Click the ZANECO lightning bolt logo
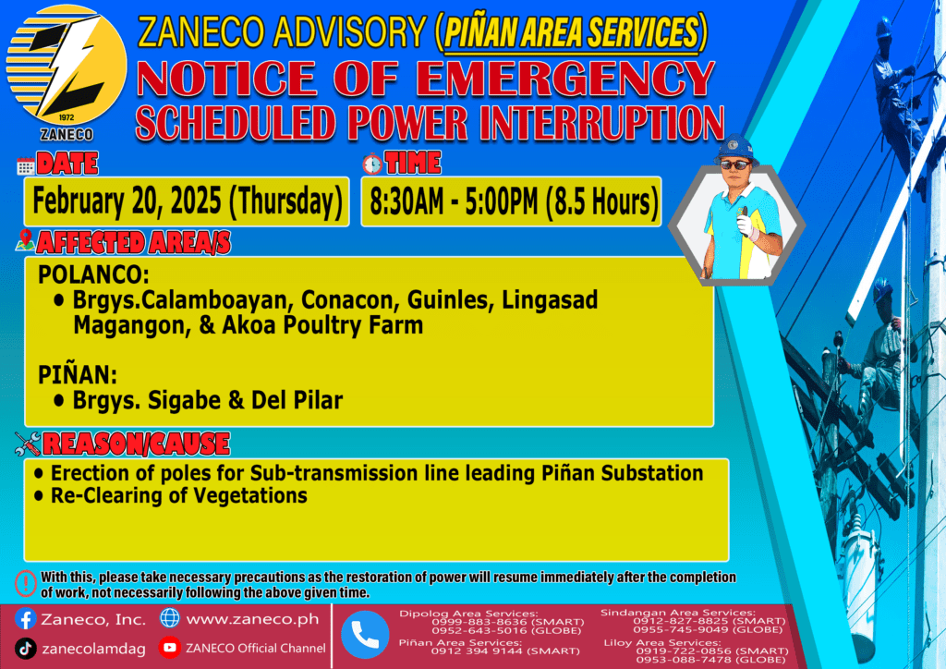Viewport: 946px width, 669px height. point(67,67)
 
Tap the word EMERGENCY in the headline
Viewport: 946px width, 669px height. point(564,79)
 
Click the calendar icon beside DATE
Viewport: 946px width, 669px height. point(25,165)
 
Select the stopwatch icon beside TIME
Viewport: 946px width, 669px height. point(372,164)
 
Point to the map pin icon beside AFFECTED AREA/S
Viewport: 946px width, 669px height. point(25,240)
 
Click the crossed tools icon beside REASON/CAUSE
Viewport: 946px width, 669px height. point(28,444)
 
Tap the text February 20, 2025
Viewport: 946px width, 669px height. point(127,201)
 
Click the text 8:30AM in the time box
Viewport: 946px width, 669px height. point(406,201)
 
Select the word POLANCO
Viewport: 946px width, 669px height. point(93,274)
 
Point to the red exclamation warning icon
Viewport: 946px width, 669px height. point(25,584)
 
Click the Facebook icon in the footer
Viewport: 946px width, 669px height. point(25,619)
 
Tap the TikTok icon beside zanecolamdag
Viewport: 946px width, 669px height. point(25,649)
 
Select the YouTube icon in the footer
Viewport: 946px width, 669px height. point(170,647)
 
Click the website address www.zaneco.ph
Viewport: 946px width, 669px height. point(253,619)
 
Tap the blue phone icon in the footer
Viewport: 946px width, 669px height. point(364,635)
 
